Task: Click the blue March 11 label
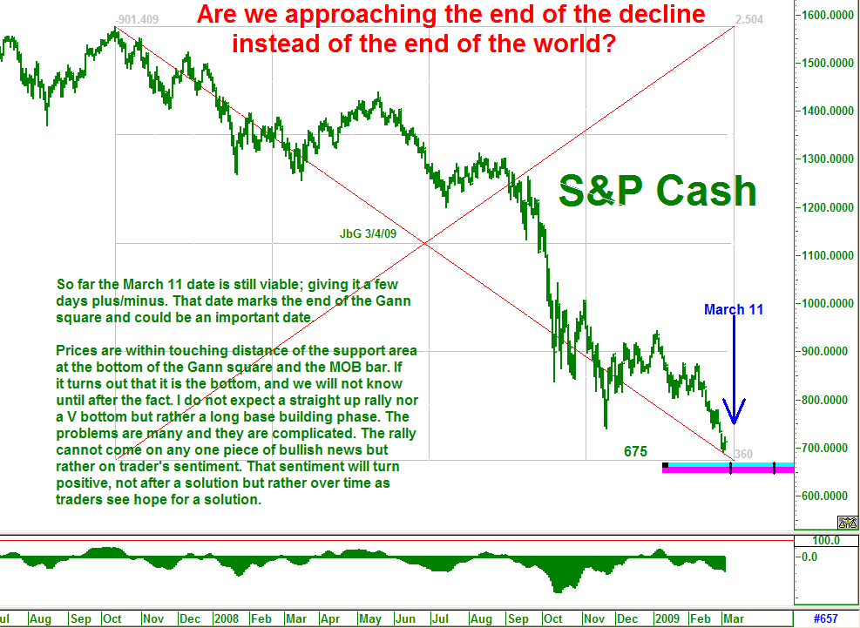[734, 309]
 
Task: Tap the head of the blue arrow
[734, 422]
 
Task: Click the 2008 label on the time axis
[227, 618]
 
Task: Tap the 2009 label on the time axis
[667, 618]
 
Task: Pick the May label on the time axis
[370, 618]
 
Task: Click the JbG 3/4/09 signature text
[368, 233]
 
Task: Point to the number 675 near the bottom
[636, 451]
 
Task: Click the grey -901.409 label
[137, 20]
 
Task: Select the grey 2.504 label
[749, 20]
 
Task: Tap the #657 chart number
[825, 618]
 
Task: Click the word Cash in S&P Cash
[707, 191]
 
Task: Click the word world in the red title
[567, 44]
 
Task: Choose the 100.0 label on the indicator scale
[826, 540]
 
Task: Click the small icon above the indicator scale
[848, 523]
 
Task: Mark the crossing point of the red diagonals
[425, 243]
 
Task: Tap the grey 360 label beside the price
[744, 454]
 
